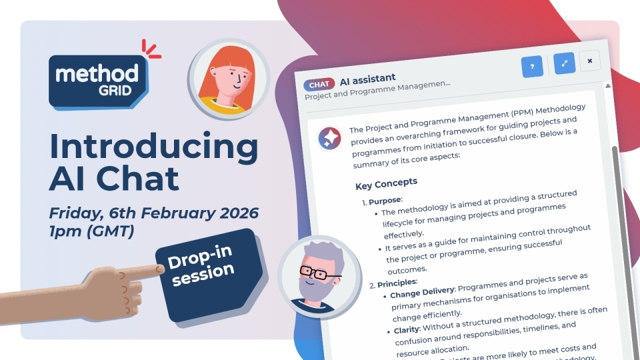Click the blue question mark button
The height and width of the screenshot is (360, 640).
click(x=532, y=66)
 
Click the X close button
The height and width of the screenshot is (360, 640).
click(x=589, y=61)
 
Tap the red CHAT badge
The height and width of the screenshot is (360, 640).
click(x=319, y=85)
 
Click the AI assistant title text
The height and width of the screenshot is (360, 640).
click(x=367, y=79)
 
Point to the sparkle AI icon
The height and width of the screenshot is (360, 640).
click(x=329, y=137)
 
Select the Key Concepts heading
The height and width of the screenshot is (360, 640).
click(x=387, y=183)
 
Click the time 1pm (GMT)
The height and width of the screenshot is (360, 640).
click(x=91, y=233)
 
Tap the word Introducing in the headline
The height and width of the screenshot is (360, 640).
click(x=153, y=146)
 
